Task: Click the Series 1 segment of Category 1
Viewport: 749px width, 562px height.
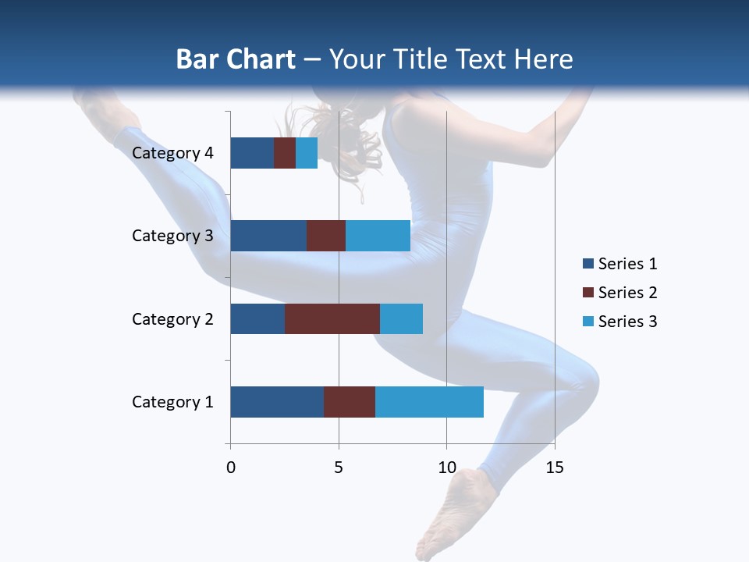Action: click(277, 402)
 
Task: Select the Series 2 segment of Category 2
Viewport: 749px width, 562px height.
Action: click(332, 318)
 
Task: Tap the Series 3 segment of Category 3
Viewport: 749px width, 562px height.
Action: click(378, 236)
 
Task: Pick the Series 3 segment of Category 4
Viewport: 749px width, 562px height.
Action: click(307, 153)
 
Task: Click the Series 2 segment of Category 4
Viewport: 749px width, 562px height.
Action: click(285, 153)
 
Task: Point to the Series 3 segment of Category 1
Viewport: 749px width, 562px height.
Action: click(429, 402)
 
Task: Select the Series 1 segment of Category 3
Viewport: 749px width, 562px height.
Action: click(268, 236)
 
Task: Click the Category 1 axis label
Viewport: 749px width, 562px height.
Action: click(172, 402)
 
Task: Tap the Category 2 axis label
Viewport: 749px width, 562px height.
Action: click(172, 318)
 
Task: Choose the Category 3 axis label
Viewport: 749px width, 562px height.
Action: click(172, 236)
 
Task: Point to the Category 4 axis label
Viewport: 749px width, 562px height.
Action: click(172, 153)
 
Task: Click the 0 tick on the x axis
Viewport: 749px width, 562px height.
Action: click(231, 468)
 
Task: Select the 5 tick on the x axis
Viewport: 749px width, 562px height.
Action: click(339, 468)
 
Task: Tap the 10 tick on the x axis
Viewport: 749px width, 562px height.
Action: click(446, 468)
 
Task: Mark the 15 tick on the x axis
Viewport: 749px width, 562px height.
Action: click(555, 468)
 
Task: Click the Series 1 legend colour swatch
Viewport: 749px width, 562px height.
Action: click(587, 264)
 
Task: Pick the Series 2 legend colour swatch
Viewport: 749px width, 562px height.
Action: click(587, 293)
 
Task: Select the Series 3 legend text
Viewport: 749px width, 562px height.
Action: click(627, 322)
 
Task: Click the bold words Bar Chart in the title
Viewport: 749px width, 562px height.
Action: click(236, 59)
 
